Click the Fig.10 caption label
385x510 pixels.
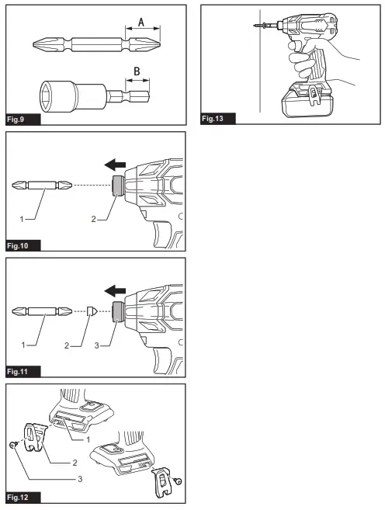click(23, 245)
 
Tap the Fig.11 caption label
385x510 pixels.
click(23, 371)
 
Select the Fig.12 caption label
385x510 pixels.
click(23, 497)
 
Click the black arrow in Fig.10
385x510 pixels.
click(115, 165)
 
